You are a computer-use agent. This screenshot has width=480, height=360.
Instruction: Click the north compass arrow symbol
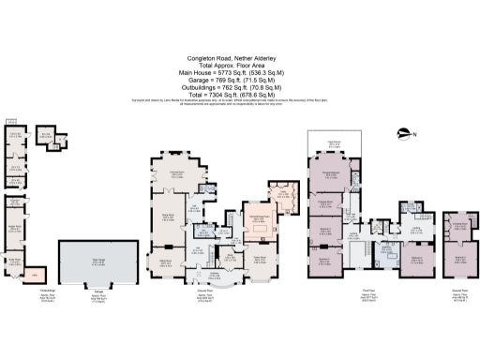click(x=405, y=132)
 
